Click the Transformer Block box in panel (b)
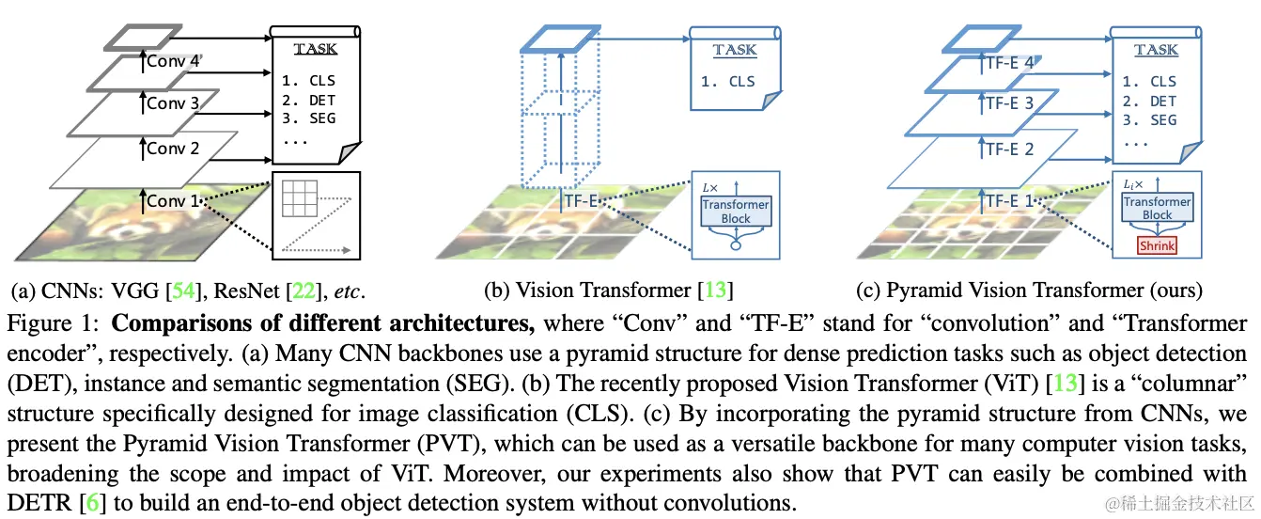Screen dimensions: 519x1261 736,212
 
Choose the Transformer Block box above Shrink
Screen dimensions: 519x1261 1157,208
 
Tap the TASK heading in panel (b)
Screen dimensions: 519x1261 734,50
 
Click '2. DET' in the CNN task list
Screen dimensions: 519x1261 309,101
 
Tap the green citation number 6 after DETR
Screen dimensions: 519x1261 91,503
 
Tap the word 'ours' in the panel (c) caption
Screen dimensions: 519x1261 1178,291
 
